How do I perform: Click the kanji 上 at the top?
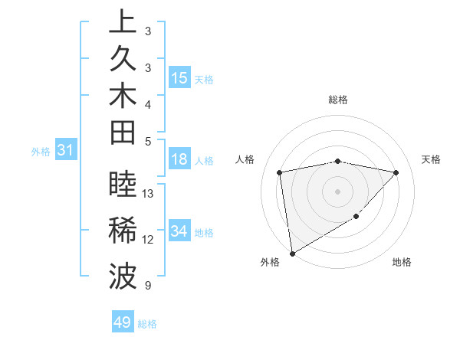tap(123, 23)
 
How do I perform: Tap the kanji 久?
tap(123, 61)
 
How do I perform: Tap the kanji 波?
tap(123, 277)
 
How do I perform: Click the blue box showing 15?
tap(179, 78)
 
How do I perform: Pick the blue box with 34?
tap(179, 231)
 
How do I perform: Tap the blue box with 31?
tap(65, 151)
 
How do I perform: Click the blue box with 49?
tap(123, 322)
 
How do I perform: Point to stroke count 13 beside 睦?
tap(148, 194)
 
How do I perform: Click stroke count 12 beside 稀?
tap(148, 240)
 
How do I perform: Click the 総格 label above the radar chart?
tap(338, 100)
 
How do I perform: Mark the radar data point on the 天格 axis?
tap(396, 172)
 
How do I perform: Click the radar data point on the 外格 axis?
tap(292, 253)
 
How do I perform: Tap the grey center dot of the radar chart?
tap(338, 191)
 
